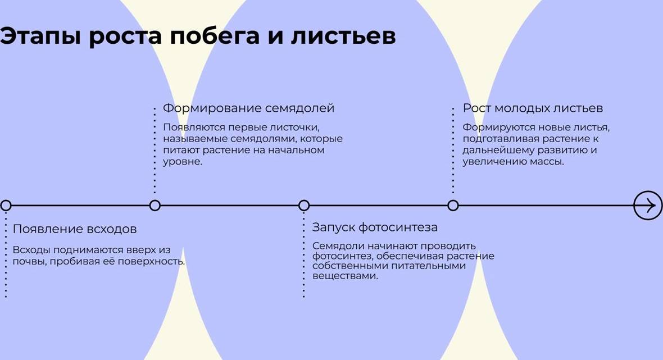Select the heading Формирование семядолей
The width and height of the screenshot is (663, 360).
tap(248, 108)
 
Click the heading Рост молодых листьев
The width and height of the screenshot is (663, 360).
tap(533, 108)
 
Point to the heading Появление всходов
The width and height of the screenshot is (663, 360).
tap(75, 229)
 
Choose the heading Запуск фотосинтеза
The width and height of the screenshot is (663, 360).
tap(375, 227)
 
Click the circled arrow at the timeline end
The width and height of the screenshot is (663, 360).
tap(648, 206)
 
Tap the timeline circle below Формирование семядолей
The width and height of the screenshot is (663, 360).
tap(155, 206)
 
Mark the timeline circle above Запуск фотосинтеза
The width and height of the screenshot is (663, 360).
tap(304, 206)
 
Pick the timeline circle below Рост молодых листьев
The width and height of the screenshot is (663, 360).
tap(453, 206)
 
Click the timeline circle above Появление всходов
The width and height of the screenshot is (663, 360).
tap(6, 206)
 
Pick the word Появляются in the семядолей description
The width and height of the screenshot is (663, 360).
tap(192, 127)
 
